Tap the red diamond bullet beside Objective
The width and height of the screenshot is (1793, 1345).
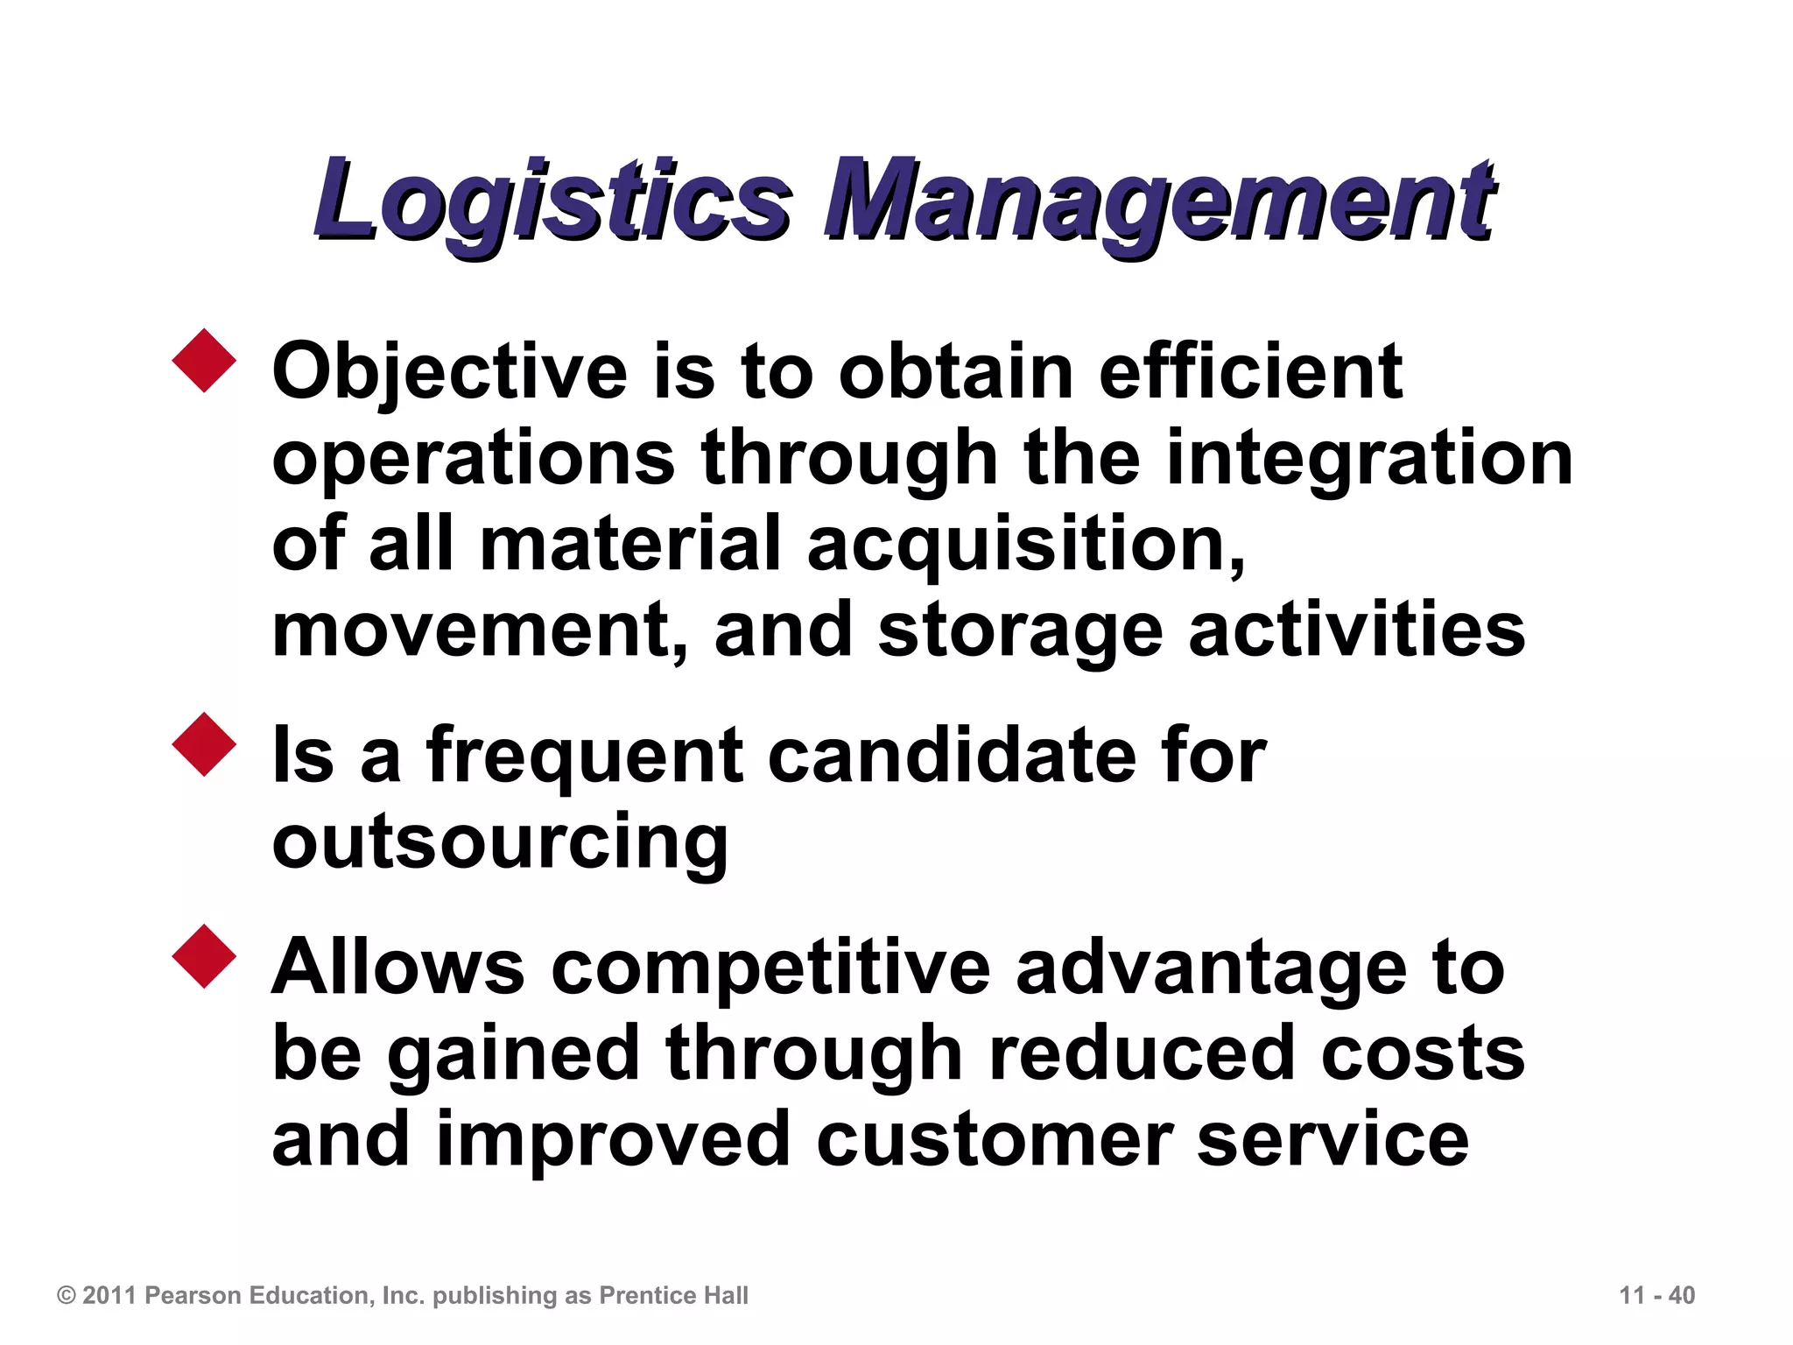205,360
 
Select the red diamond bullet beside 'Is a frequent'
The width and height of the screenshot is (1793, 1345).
205,744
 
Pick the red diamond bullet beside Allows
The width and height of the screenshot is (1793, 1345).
205,956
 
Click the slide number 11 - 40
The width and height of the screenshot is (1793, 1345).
1656,1295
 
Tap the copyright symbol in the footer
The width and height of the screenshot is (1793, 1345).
67,1295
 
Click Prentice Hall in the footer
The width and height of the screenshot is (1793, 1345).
673,1295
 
